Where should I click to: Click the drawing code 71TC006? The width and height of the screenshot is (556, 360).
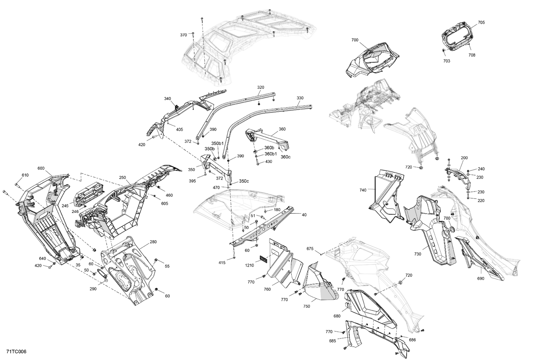click(x=16, y=351)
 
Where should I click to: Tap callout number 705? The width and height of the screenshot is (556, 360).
click(x=481, y=23)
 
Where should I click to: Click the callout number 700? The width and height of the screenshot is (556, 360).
click(x=355, y=40)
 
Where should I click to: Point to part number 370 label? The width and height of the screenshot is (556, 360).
click(x=183, y=35)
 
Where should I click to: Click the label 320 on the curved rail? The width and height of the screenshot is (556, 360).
click(x=261, y=87)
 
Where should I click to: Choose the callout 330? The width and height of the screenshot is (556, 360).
click(x=300, y=98)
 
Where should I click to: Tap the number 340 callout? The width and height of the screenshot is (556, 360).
click(x=168, y=99)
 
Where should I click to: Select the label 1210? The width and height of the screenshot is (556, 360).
click(x=249, y=266)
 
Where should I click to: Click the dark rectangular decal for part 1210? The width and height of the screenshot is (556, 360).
click(x=263, y=258)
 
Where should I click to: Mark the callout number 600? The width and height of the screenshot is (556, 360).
click(x=41, y=168)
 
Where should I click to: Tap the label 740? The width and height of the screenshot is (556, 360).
click(x=363, y=190)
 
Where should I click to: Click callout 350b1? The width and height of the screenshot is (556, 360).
click(x=218, y=143)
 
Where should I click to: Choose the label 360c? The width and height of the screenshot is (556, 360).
click(x=285, y=157)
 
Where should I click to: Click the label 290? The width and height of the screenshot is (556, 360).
click(x=93, y=289)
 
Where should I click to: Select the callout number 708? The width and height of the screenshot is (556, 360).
click(x=471, y=55)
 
